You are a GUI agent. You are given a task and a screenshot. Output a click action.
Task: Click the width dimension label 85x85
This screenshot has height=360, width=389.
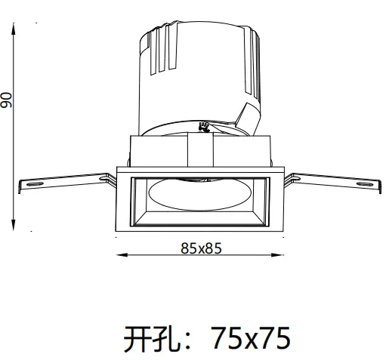(200, 246)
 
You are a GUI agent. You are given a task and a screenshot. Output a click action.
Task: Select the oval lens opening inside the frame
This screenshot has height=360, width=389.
(200, 195)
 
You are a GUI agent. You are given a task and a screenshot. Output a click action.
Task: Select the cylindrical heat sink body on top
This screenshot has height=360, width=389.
(196, 75)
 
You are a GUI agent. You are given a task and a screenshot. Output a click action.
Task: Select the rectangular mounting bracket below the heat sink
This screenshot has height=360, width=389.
(200, 149)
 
